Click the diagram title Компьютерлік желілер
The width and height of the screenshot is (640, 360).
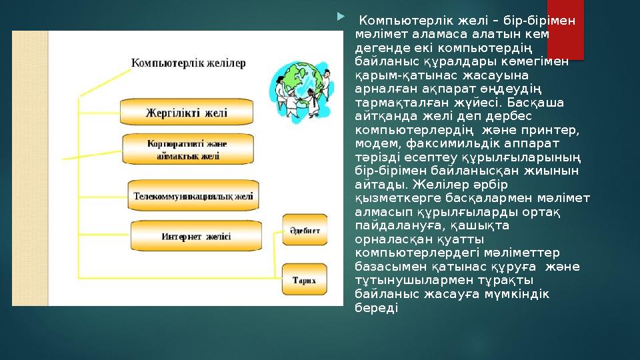pos(188,63)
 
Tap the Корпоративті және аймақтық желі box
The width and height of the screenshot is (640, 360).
pos(187,150)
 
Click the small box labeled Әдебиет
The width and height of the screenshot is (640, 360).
pos(305,231)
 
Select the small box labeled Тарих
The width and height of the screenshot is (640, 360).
pos(305,280)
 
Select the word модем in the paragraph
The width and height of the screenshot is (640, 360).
pos(376,143)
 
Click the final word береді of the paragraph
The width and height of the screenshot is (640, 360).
pos(377,307)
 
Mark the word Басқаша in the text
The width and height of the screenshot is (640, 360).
pos(538,101)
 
